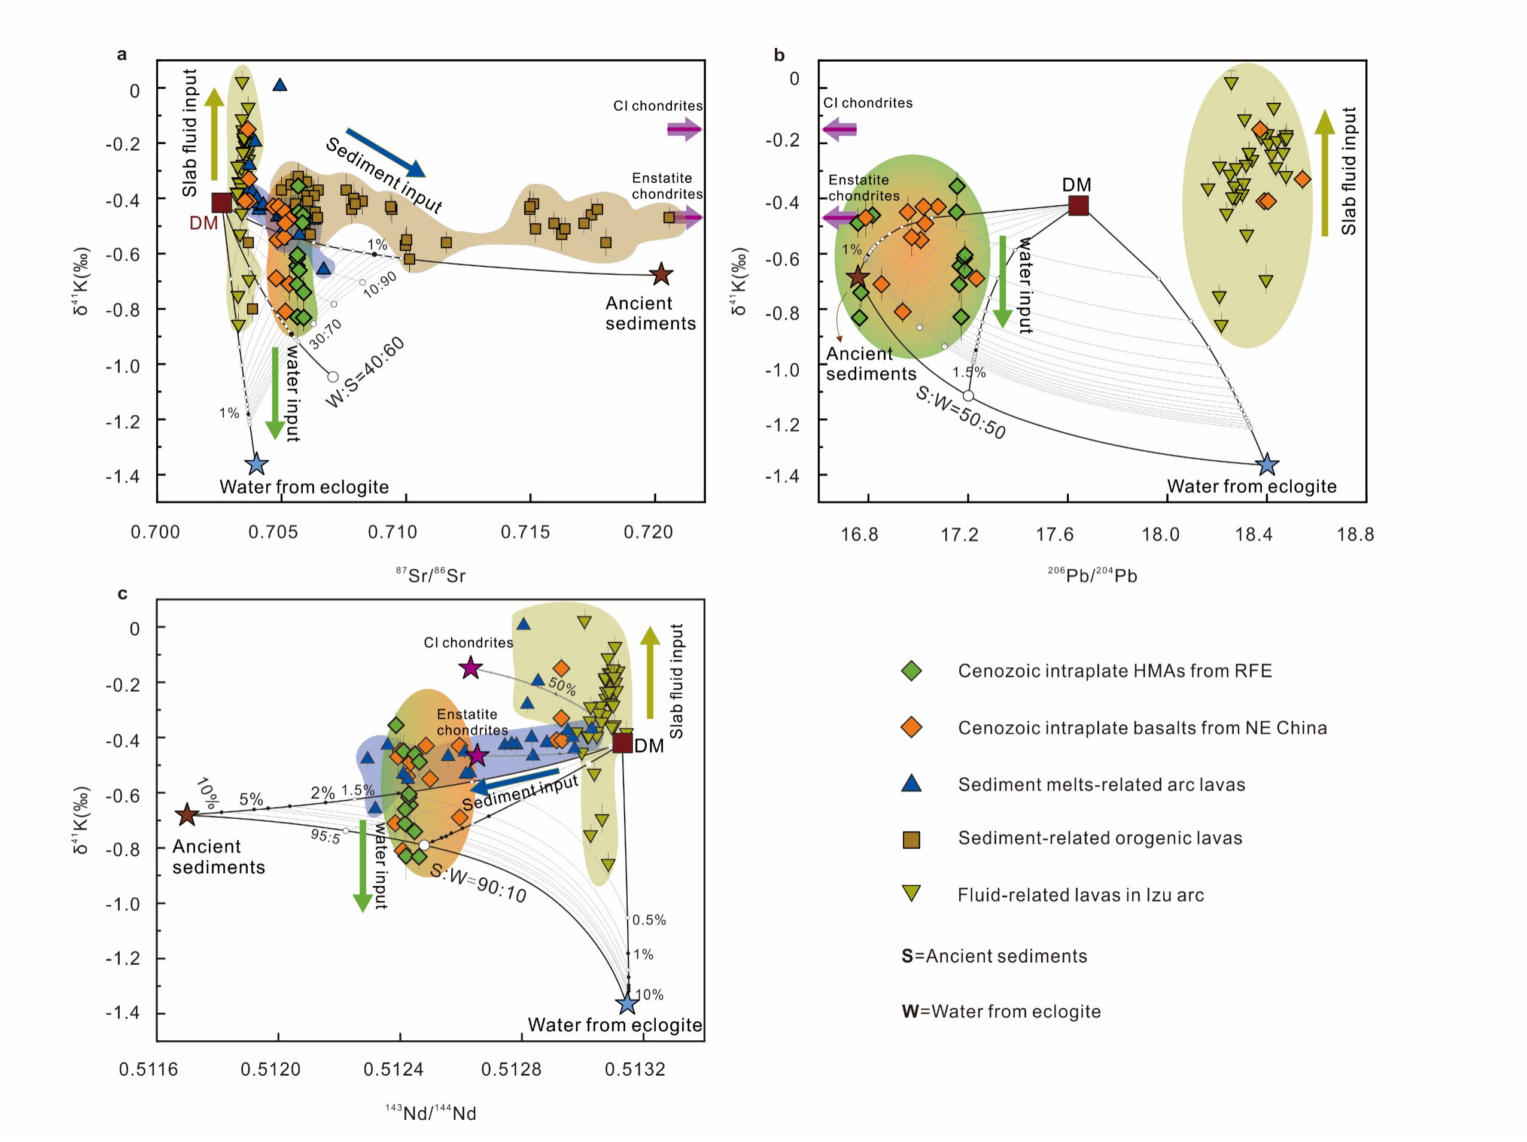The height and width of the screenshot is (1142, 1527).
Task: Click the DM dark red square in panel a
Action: (x=221, y=203)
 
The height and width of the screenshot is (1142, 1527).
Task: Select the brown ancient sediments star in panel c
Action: (x=187, y=815)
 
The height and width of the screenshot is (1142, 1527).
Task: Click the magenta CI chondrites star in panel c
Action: (x=471, y=667)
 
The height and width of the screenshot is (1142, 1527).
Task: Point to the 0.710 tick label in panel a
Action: (x=392, y=532)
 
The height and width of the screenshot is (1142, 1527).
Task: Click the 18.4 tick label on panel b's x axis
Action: (x=1254, y=534)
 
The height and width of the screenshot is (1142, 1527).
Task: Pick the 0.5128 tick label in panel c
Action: (x=512, y=1070)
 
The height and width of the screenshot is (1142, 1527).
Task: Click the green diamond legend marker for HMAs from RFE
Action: (x=911, y=670)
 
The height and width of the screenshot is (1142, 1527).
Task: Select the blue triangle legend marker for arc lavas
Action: (x=911, y=783)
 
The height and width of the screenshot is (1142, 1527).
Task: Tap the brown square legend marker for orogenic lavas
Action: (x=911, y=840)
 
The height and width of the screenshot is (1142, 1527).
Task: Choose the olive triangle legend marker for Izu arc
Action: (x=911, y=894)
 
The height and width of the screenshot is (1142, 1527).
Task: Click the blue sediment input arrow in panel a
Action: (x=385, y=153)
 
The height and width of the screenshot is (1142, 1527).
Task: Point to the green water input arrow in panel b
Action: (x=1002, y=281)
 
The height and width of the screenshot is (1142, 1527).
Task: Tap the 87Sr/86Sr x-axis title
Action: (x=431, y=575)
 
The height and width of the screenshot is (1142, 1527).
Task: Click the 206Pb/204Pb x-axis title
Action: (x=1092, y=575)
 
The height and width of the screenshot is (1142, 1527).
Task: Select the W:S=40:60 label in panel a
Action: (x=365, y=372)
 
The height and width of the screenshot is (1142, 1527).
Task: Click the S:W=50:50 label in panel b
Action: (x=960, y=412)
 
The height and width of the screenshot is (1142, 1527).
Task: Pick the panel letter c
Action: (x=122, y=594)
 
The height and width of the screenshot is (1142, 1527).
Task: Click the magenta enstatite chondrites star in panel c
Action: (x=476, y=755)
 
